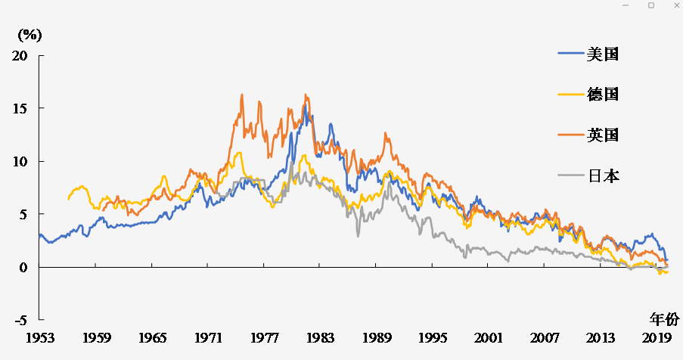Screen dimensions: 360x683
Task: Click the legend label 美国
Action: click(x=603, y=54)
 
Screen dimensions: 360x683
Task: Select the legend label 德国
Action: click(x=603, y=95)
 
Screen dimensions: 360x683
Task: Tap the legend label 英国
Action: click(x=603, y=135)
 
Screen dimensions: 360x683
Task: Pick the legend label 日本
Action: click(x=603, y=176)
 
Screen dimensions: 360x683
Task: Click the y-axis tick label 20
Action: click(x=20, y=56)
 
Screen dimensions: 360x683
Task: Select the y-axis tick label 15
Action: click(x=20, y=109)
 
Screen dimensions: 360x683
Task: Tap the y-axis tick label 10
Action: click(x=20, y=162)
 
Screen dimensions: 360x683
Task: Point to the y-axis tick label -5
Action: click(x=20, y=321)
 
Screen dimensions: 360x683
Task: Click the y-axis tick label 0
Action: click(x=23, y=268)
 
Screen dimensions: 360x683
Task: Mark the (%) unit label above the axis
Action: click(x=29, y=34)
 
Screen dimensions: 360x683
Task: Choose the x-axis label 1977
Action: click(x=264, y=337)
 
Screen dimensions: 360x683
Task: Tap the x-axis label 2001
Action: click(x=489, y=337)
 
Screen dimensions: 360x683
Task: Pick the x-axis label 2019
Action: click(x=657, y=337)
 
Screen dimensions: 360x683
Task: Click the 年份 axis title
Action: click(x=665, y=318)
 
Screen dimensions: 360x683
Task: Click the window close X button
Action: click(x=674, y=5)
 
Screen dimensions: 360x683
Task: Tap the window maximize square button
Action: click(x=650, y=5)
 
